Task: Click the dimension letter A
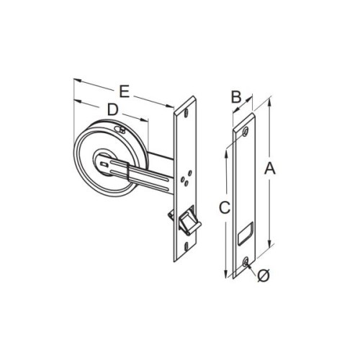270,168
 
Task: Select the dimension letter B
236,97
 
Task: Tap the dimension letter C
225,207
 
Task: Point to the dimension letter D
113,109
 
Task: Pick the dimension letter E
125,91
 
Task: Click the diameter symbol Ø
264,276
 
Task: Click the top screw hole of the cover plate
246,132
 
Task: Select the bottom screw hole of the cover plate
245,262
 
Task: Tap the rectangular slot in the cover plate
245,234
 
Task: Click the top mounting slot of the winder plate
186,113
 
